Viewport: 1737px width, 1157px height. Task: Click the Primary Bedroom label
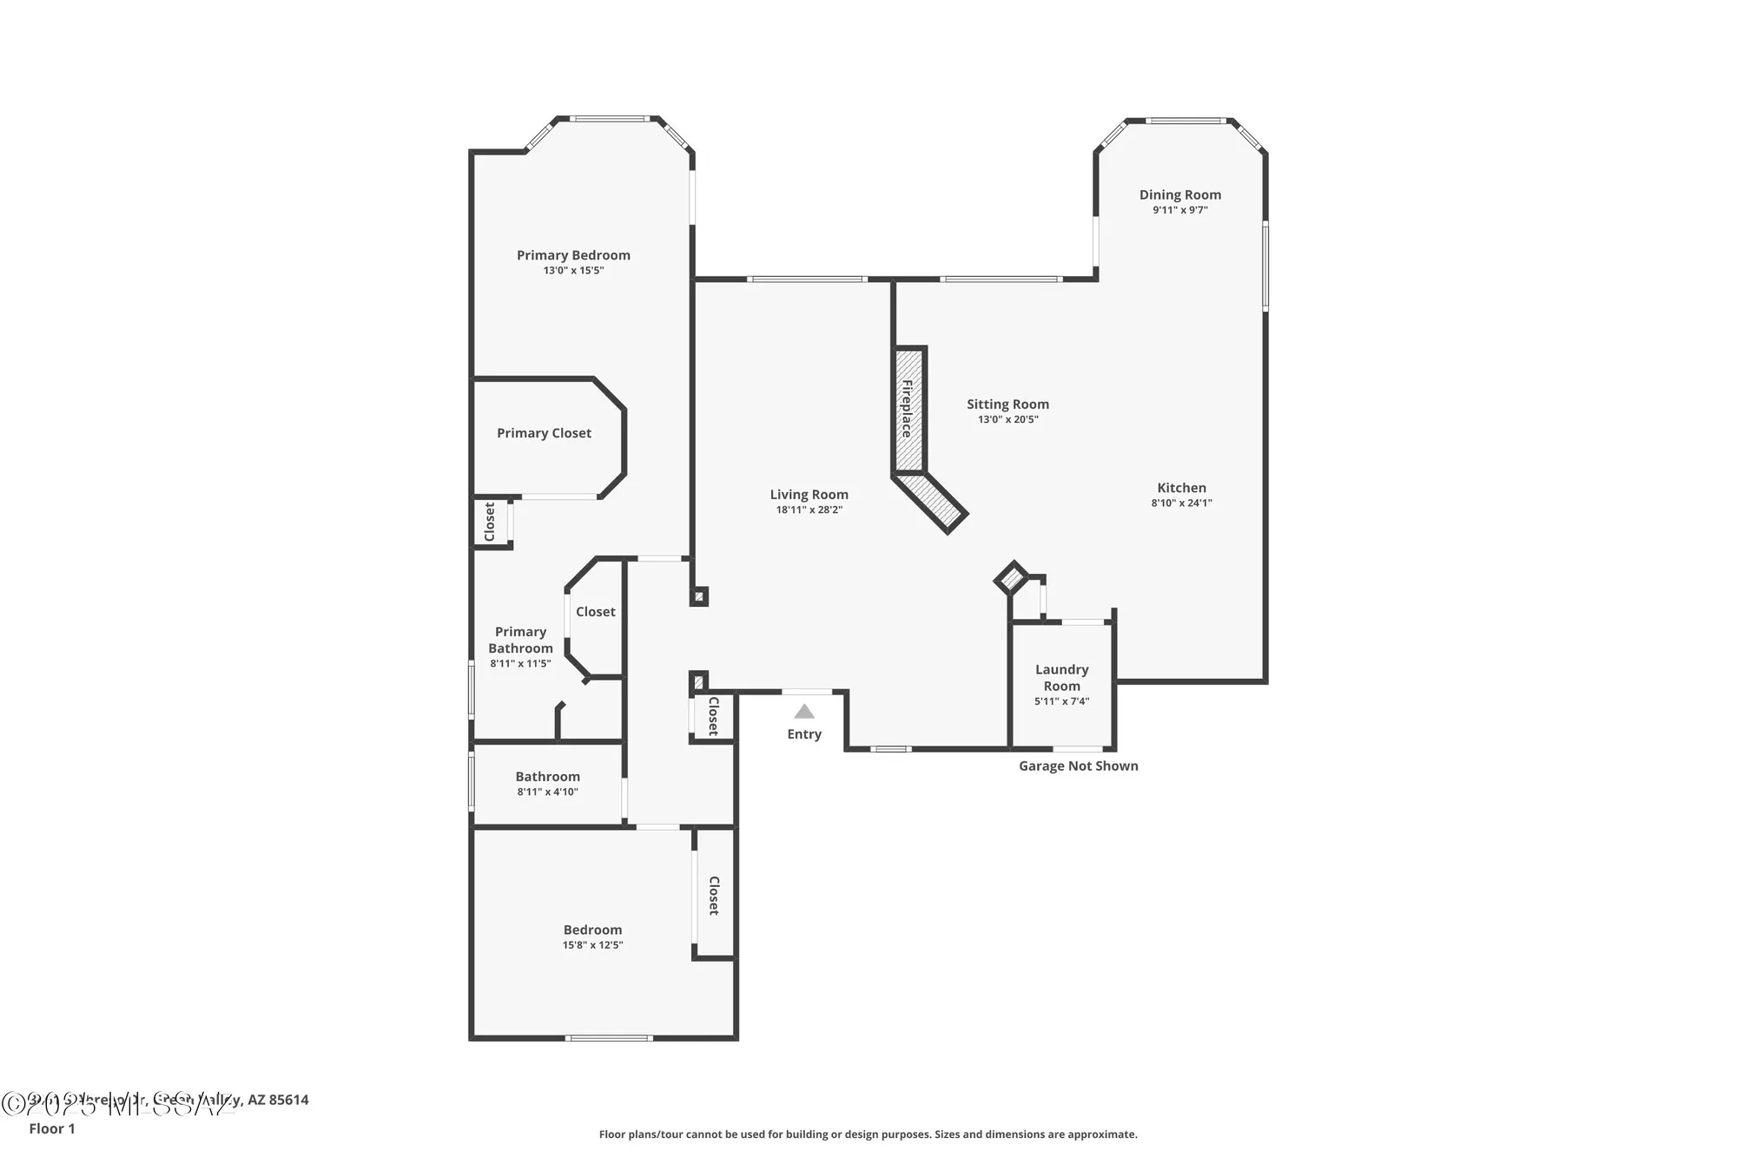573,255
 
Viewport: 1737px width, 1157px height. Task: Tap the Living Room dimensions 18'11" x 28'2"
809,510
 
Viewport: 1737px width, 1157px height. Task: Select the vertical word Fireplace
907,408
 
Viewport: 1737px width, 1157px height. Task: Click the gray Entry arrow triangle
804,712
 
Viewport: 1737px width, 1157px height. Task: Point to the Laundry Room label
1061,677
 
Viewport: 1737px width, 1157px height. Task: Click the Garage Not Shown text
1078,766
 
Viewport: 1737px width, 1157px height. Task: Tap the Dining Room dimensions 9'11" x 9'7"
1179,210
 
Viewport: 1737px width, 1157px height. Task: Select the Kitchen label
1181,488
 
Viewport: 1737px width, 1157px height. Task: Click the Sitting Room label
1007,404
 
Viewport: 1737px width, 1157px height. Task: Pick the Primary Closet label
544,433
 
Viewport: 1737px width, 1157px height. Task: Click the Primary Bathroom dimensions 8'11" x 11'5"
520,664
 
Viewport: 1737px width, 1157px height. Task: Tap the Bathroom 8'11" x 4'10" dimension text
547,792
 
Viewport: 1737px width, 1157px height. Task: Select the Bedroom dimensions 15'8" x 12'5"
592,945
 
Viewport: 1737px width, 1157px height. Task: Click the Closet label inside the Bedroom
714,896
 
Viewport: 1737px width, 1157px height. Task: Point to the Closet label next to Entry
714,716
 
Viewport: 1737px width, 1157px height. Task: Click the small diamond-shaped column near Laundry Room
1011,578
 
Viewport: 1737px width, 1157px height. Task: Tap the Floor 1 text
52,1128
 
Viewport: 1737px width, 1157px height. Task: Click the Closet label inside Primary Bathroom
595,612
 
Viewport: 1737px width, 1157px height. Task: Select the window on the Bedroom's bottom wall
608,1037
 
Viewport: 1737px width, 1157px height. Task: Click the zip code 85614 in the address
288,1100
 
